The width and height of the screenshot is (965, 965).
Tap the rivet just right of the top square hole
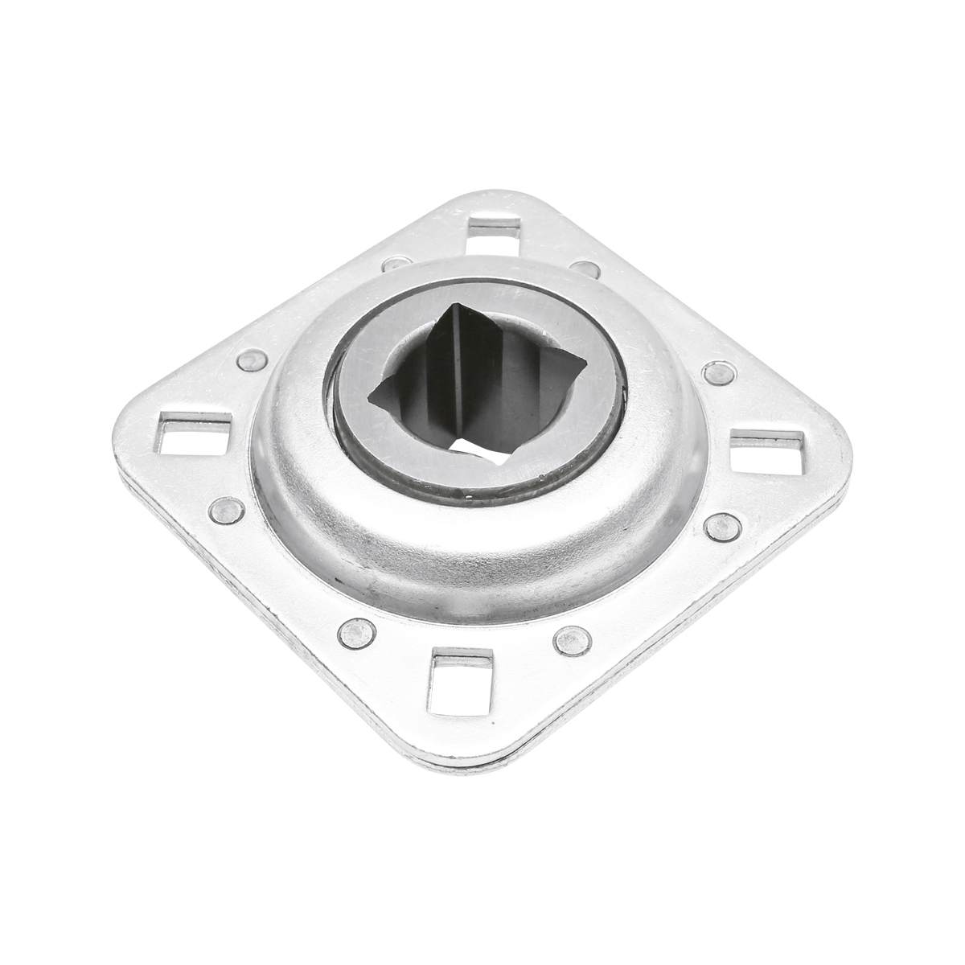tap(585, 269)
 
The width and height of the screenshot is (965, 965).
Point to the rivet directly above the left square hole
tap(252, 360)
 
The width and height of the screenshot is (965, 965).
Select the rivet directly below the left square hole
tap(226, 510)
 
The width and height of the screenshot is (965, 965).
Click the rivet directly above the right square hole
tap(718, 373)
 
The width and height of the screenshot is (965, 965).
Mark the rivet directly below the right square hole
tap(722, 527)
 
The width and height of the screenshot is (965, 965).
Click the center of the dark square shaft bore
tap(474, 386)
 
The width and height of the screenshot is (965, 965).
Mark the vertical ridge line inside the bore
tap(454, 370)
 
